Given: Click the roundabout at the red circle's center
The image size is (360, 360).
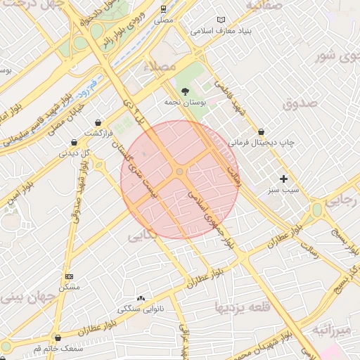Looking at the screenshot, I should click(180, 172).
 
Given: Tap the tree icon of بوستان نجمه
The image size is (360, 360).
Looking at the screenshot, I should click(185, 91).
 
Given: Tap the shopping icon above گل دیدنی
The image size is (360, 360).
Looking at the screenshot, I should click(74, 143).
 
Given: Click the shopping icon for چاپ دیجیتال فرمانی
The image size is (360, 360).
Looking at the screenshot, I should click(262, 131).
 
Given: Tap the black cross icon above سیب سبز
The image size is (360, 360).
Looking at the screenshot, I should click(284, 179).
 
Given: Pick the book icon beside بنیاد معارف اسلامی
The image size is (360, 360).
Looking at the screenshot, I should click(222, 20).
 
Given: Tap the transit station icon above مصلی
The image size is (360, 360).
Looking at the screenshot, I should click(163, 10).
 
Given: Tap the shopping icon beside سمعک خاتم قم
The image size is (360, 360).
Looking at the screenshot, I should click(57, 338).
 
